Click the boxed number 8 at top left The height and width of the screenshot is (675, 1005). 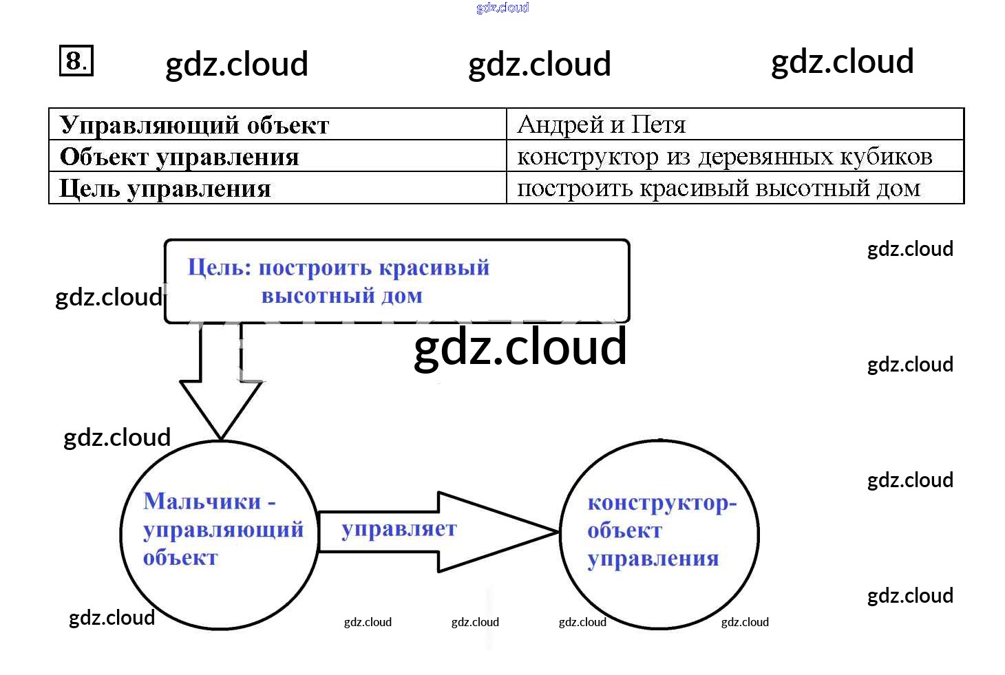point(76,61)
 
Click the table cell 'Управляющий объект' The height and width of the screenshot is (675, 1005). point(194,125)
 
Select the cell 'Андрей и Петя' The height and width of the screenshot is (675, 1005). point(601,125)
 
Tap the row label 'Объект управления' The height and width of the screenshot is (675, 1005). point(179,157)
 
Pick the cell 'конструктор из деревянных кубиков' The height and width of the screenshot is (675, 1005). point(724,157)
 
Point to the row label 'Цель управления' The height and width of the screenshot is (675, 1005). point(165,189)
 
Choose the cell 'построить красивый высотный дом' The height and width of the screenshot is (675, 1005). point(718,189)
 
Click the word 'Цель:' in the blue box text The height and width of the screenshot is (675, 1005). point(220,267)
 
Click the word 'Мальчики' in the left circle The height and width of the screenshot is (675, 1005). point(202,501)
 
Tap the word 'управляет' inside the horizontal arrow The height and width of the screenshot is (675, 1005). point(399,529)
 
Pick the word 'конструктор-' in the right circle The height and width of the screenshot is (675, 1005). point(662,503)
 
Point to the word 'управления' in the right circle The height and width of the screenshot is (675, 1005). point(653,559)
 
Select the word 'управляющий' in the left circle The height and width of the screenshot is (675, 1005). point(223,530)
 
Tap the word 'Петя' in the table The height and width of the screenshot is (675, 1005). point(659,125)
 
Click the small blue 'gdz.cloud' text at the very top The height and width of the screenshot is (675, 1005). point(502,8)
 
